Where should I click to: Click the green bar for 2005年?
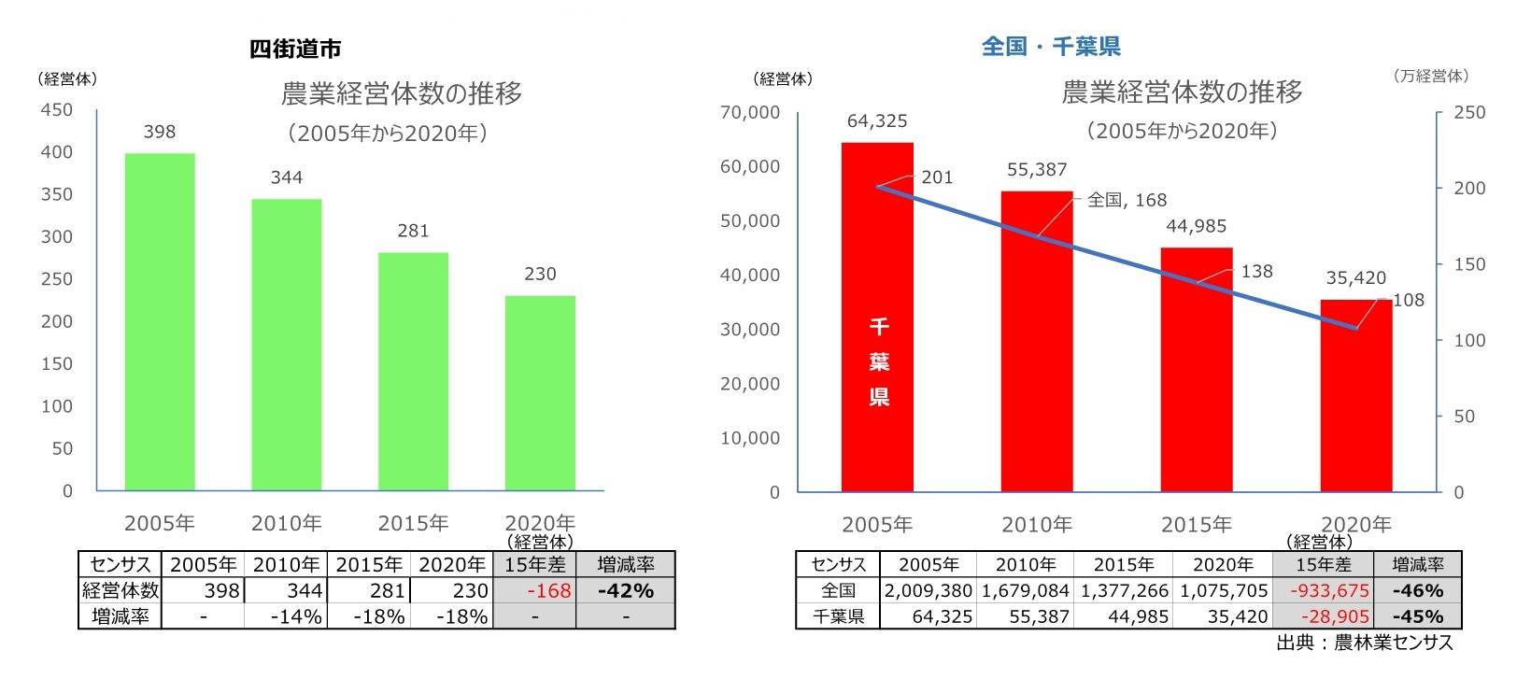(x=160, y=322)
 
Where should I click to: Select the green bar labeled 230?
(x=540, y=392)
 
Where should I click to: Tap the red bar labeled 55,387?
(x=1037, y=341)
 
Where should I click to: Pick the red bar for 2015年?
(x=1197, y=369)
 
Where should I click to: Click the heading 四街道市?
(x=295, y=49)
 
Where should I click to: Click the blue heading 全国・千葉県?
(x=1051, y=47)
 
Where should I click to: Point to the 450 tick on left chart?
(x=56, y=110)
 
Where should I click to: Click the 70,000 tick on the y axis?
(x=749, y=112)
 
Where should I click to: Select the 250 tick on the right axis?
(x=1469, y=112)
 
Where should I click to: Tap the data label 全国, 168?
(x=1127, y=200)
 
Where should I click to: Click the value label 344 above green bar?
(x=287, y=177)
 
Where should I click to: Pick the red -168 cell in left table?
(x=548, y=591)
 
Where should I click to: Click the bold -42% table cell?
(x=625, y=591)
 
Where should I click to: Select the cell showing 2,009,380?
(x=928, y=591)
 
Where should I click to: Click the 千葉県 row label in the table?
(x=838, y=616)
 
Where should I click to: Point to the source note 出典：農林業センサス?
(x=1364, y=643)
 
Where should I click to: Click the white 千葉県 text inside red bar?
(x=879, y=361)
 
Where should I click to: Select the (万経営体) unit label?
(x=1430, y=77)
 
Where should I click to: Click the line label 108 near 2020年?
(x=1409, y=300)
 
